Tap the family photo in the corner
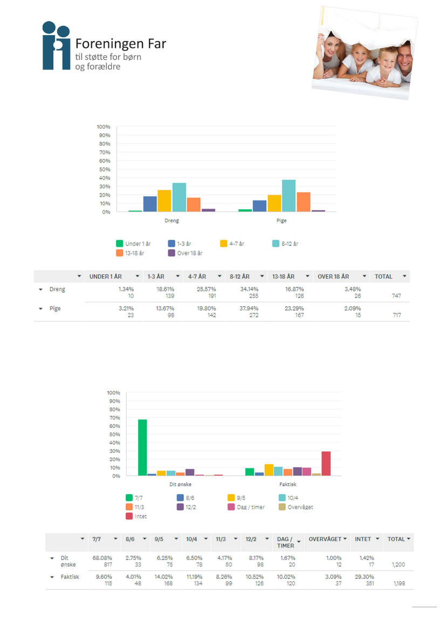(364, 53)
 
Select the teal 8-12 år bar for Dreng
(179, 197)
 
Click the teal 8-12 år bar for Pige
(289, 196)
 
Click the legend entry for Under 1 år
(133, 244)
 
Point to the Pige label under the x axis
(282, 220)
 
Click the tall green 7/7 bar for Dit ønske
(142, 447)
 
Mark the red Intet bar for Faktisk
(326, 463)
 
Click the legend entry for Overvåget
(296, 507)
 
